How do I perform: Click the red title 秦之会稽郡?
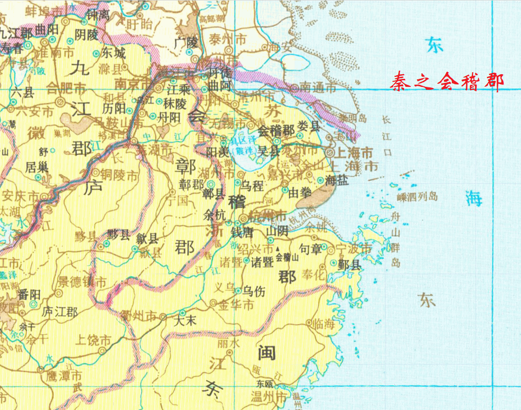(x=447, y=81)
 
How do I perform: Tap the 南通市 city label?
(x=318, y=88)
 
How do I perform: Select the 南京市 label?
(x=133, y=82)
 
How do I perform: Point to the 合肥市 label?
(x=66, y=89)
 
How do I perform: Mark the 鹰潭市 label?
(x=64, y=376)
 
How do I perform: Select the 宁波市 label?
(x=354, y=249)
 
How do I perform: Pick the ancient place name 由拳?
(x=300, y=192)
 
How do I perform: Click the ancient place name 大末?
(x=184, y=320)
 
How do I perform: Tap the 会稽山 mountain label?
(x=288, y=256)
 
